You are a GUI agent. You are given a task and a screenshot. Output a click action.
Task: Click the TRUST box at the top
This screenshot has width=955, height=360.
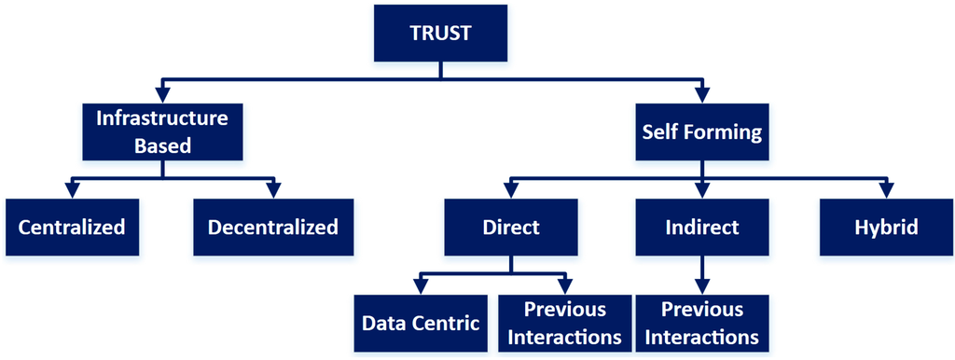coord(441,34)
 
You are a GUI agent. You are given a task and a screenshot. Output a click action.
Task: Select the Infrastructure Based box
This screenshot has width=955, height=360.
coord(163,132)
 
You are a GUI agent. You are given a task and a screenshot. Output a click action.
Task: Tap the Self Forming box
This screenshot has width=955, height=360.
coord(701,132)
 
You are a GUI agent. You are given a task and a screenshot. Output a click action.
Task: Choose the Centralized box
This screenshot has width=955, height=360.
coord(72,227)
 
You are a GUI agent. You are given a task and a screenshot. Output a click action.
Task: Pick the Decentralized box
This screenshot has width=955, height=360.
coord(272,227)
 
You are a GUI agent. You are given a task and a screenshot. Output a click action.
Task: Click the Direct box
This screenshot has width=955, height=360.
coord(510,227)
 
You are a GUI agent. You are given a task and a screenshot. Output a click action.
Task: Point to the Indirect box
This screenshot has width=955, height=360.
coord(702,227)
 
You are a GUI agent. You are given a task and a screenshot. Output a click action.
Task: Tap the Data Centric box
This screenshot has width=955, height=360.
coord(420,323)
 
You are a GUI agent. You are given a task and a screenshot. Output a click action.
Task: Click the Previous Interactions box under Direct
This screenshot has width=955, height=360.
coord(565,323)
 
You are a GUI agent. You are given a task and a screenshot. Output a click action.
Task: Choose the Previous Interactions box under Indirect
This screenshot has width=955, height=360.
coord(702,323)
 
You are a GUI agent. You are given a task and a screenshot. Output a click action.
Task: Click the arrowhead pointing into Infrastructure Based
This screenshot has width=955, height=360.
coord(163,94)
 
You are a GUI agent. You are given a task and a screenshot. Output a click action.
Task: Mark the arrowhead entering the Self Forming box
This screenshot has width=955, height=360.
coord(702,94)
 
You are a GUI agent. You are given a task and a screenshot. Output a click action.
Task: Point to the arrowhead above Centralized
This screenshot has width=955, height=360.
coord(72,189)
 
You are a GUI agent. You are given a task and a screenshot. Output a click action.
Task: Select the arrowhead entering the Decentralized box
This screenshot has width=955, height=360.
coord(272,189)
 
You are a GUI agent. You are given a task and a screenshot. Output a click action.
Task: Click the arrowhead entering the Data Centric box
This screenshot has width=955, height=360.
coord(420,285)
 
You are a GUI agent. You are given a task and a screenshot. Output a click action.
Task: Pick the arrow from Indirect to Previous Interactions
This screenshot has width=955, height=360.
coord(702,274)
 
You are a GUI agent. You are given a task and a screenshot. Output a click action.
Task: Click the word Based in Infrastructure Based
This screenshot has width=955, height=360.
coord(163,146)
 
